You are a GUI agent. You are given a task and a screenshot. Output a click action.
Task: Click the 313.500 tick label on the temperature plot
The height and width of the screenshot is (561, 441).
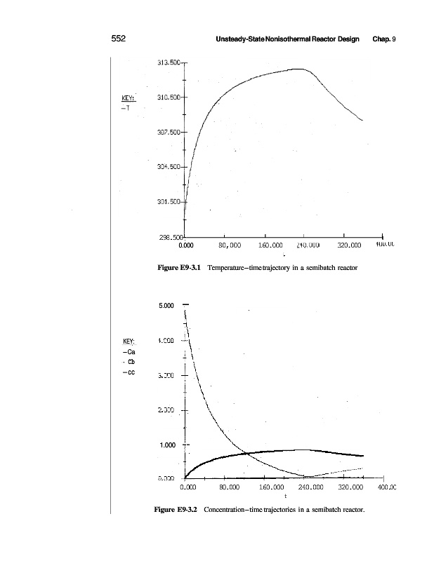click(x=169, y=62)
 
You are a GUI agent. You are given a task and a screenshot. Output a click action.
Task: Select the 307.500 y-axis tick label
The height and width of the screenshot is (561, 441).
click(x=169, y=132)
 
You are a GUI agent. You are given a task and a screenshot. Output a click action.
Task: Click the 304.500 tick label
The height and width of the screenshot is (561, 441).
click(x=169, y=167)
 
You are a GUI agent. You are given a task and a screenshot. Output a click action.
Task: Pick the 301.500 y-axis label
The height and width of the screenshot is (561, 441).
click(x=169, y=202)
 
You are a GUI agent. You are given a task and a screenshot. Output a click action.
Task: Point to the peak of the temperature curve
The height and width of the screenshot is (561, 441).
click(x=299, y=69)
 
